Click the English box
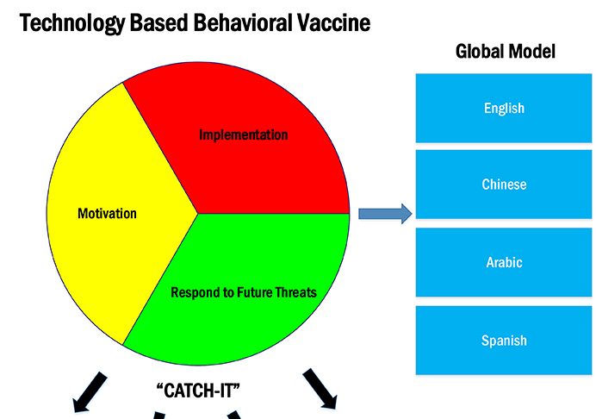tap(504, 109)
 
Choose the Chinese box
tap(504, 184)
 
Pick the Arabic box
tap(504, 262)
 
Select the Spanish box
tap(504, 340)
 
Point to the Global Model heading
tap(505, 52)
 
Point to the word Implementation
tap(243, 135)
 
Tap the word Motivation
tap(107, 213)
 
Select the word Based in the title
tap(150, 22)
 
